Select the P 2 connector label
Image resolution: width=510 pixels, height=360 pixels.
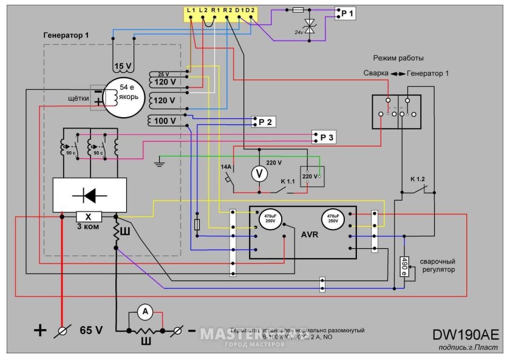coord(266,122)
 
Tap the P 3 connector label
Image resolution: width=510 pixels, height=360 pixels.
coord(326,137)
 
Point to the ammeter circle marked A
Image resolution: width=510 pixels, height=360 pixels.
coord(145,312)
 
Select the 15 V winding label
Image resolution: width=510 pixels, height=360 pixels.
coord(122,66)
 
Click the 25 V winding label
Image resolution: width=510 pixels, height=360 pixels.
coord(163,73)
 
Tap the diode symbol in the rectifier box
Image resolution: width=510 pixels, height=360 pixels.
coord(90,195)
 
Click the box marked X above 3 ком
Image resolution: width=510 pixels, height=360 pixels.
coord(89,217)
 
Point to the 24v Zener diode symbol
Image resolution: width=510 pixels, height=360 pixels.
coord(311,25)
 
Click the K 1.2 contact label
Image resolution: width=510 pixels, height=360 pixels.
coord(418,179)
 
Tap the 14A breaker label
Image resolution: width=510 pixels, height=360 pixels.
coord(226,166)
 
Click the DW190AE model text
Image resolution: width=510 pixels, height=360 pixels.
coord(466,335)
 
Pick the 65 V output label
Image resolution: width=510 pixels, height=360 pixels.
coord(91,331)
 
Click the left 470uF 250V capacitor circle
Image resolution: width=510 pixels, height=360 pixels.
coord(269,219)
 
